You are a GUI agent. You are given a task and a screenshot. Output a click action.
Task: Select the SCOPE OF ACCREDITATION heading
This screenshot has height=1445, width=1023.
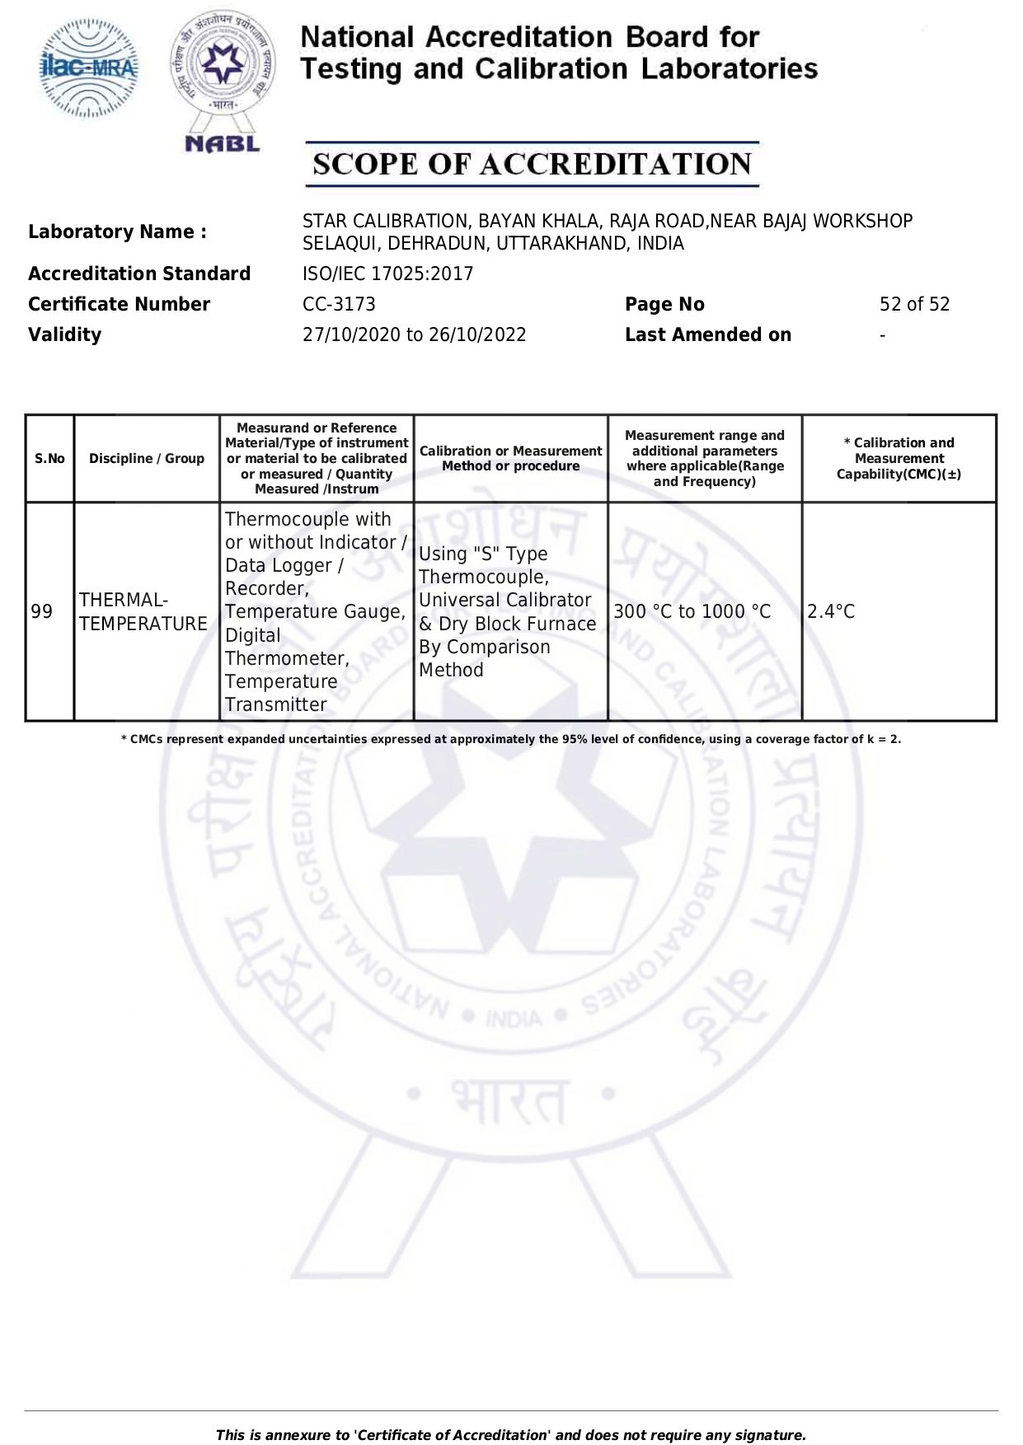coord(532,165)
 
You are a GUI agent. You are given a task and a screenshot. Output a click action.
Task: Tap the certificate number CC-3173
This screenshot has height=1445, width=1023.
coord(339,305)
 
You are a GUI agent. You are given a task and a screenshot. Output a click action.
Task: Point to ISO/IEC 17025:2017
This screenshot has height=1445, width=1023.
coord(387,274)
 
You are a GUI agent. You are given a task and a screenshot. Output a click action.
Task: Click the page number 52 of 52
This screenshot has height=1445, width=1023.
coord(914,305)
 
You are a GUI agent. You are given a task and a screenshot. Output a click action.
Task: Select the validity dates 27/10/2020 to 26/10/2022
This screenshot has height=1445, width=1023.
coord(414,335)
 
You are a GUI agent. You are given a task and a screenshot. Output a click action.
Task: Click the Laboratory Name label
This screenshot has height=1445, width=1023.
coord(117,232)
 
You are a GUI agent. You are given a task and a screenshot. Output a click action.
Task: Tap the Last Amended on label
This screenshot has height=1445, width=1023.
coord(707,335)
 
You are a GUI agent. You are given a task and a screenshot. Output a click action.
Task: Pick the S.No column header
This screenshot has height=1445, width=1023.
coord(49,459)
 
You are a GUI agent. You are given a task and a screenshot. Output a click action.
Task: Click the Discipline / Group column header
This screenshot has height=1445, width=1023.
coord(147,459)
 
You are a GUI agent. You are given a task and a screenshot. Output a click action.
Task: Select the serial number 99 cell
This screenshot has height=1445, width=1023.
coord(42,612)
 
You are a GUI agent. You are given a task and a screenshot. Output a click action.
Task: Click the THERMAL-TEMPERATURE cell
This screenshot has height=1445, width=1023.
coord(143,612)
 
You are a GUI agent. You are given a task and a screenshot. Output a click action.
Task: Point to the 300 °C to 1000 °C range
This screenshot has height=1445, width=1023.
coord(692,612)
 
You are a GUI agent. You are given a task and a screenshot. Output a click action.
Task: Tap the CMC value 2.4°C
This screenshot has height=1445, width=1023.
coord(831,612)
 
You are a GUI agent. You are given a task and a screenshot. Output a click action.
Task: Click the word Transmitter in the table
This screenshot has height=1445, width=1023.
coord(275,705)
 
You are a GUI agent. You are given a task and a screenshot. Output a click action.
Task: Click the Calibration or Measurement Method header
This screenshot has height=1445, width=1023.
coord(510,459)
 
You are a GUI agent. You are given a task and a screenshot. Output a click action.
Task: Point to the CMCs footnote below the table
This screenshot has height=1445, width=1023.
coord(511,740)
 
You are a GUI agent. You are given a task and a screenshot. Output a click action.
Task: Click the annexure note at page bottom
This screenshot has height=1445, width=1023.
coord(511,1435)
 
